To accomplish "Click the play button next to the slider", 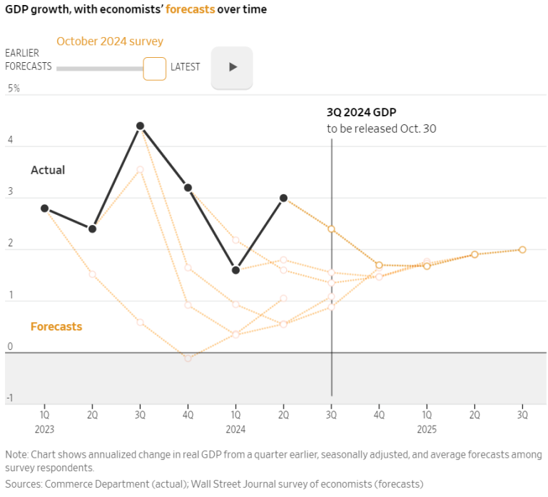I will pos(232,67).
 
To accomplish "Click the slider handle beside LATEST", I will pos(154,69).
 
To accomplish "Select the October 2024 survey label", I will pos(110,41).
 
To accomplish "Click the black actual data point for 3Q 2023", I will pos(140,126).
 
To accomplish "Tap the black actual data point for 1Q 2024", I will pos(235,270).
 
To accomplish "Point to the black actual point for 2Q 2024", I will pos(283,198).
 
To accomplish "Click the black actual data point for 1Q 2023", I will pos(44,209).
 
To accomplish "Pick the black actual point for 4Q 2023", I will pos(188,188).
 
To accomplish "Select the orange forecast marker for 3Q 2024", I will pos(331,229).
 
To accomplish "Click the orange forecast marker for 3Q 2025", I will pos(522,249).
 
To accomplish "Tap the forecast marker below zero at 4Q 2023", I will pos(188,358).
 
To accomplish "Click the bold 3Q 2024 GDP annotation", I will pos(361,113).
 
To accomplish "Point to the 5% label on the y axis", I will pos(14,89).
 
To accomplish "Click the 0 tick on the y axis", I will pos(10,347).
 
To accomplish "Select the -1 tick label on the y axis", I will pos(10,398).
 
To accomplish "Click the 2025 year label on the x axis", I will pos(427,429).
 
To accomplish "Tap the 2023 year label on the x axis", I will pos(44,429).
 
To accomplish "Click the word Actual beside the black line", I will pos(48,170).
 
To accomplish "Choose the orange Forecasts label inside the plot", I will pos(56,326).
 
